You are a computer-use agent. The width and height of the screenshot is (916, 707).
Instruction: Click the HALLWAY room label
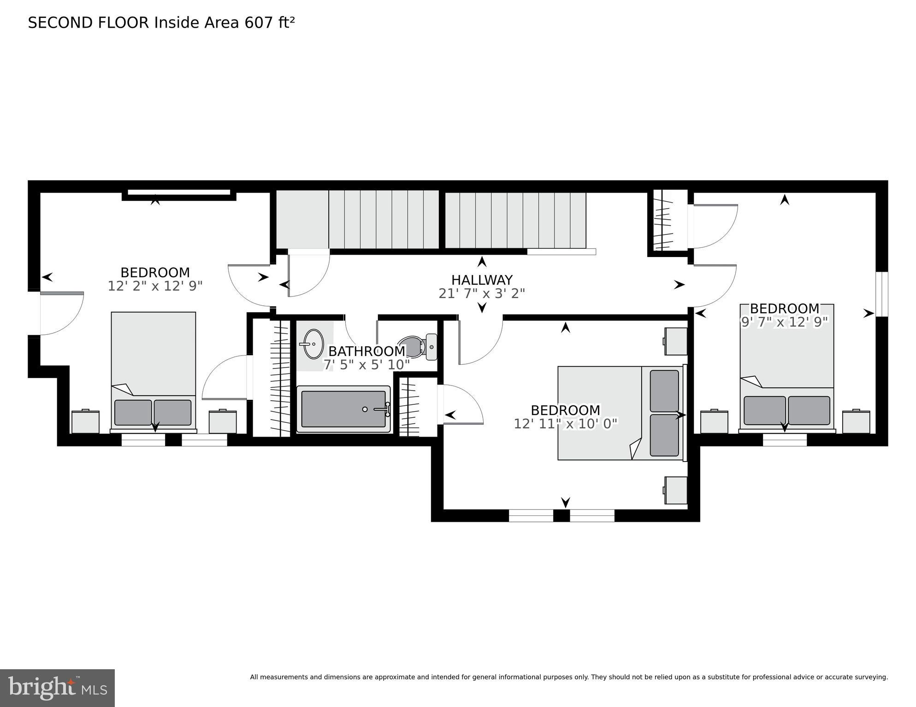pyautogui.click(x=482, y=280)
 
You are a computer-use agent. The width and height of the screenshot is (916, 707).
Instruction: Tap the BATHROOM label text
pyautogui.click(x=366, y=351)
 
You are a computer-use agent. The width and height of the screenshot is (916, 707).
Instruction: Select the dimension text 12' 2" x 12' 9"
pyautogui.click(x=155, y=286)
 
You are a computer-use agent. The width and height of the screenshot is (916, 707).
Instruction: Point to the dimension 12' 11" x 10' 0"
pyautogui.click(x=565, y=424)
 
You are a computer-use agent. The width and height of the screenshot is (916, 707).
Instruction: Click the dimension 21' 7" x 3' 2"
pyautogui.click(x=482, y=293)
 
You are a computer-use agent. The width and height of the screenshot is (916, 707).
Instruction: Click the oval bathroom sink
pyautogui.click(x=313, y=344)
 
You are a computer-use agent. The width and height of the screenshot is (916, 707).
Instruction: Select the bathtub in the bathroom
pyautogui.click(x=343, y=409)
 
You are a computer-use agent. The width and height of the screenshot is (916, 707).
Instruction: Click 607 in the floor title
pyautogui.click(x=259, y=23)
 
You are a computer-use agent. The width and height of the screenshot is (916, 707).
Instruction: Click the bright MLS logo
pyautogui.click(x=57, y=688)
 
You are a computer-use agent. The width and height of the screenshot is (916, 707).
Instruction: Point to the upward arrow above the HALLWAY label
pyautogui.click(x=482, y=262)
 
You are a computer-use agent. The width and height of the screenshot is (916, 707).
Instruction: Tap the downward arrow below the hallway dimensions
pyautogui.click(x=482, y=308)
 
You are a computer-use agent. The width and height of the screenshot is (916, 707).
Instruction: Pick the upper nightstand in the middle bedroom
pyautogui.click(x=675, y=341)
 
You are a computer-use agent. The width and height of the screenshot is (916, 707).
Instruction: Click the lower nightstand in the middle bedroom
pyautogui.click(x=675, y=490)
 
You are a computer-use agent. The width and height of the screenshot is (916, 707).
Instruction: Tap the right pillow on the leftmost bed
pyautogui.click(x=172, y=412)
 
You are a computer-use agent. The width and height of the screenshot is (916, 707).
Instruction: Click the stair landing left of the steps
pyautogui.click(x=302, y=219)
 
